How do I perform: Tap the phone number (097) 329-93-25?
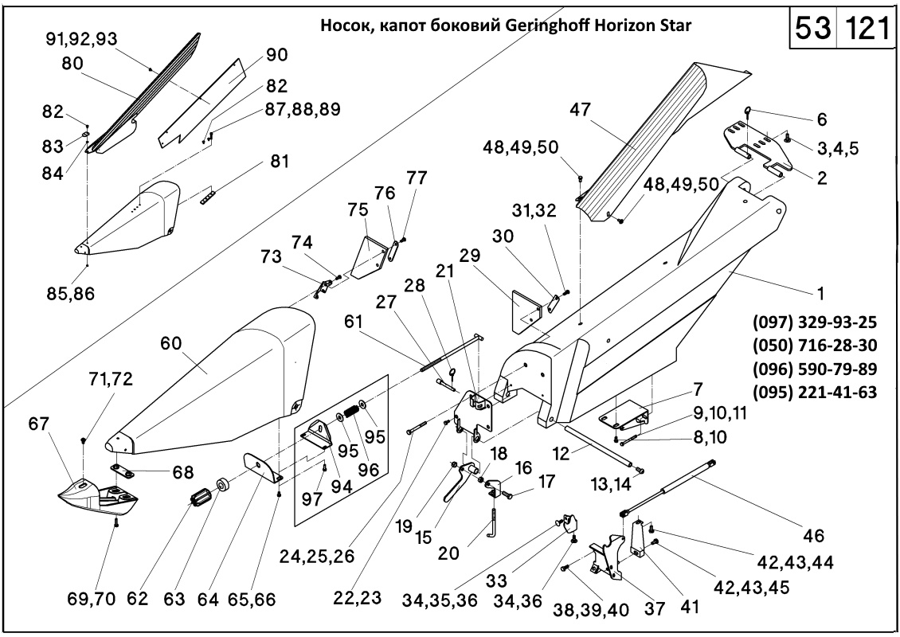(814, 322)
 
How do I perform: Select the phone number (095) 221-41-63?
(814, 391)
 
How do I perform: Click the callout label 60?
(171, 344)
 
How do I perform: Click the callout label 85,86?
(70, 293)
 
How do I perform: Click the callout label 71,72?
(110, 378)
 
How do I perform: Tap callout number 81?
(280, 162)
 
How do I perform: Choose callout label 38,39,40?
(591, 609)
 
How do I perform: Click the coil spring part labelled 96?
(349, 414)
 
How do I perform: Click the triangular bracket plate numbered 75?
(369, 256)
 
